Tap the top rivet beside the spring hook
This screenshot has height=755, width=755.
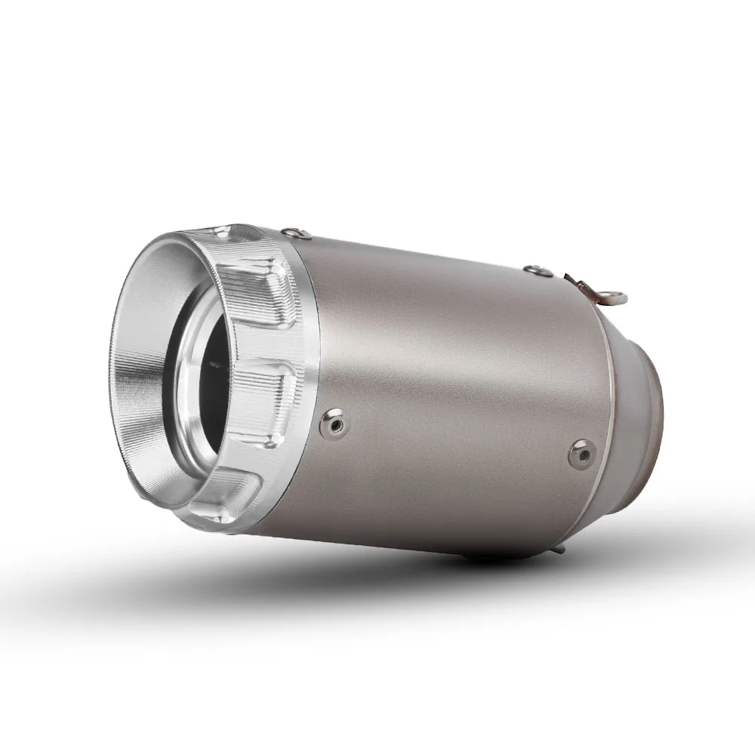click(534, 269)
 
